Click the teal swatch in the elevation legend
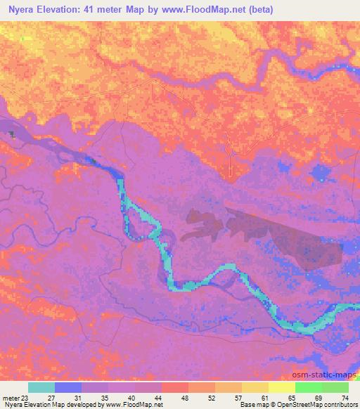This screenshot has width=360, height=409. [x=41, y=387]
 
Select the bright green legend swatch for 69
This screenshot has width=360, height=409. [x=309, y=387]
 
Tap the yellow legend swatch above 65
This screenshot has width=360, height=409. [x=282, y=387]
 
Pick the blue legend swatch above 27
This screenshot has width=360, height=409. [x=68, y=387]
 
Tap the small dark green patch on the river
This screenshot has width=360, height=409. [x=11, y=133]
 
